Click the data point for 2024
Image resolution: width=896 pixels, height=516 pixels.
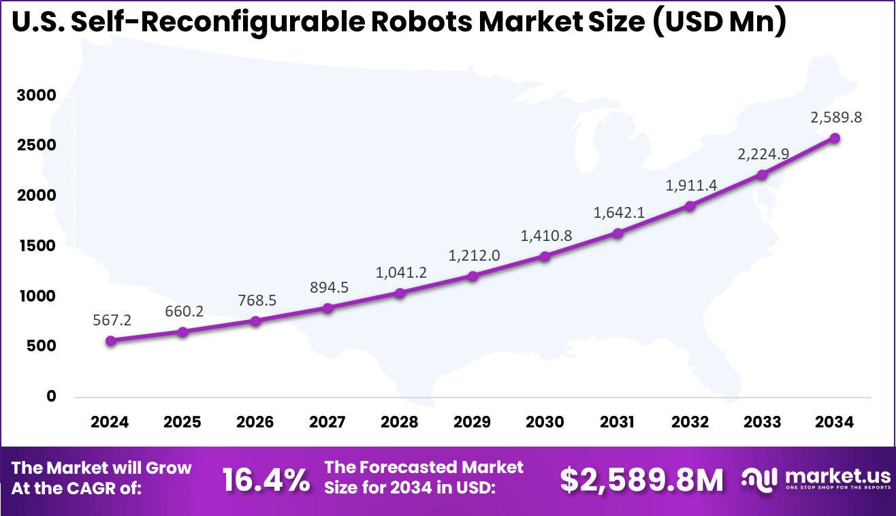(x=110, y=340)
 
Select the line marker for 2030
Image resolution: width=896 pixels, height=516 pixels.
(x=545, y=257)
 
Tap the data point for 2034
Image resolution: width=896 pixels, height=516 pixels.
(x=835, y=138)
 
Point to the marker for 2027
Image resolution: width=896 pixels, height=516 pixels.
(x=327, y=308)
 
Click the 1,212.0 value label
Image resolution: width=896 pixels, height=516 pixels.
(x=474, y=256)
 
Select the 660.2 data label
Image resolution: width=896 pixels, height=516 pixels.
(x=183, y=312)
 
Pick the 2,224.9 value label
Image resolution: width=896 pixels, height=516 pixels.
(x=763, y=154)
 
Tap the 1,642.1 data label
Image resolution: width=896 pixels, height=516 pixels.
(x=618, y=212)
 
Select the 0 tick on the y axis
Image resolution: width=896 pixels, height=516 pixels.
(x=52, y=396)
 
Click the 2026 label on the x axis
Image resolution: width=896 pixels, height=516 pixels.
(x=255, y=422)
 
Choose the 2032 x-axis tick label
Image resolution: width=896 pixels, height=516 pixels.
(x=690, y=422)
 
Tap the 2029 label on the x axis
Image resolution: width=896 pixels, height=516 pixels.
(x=473, y=422)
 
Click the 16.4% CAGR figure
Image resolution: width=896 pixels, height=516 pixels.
(x=266, y=481)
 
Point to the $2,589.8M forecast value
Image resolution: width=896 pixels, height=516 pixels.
(x=642, y=481)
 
